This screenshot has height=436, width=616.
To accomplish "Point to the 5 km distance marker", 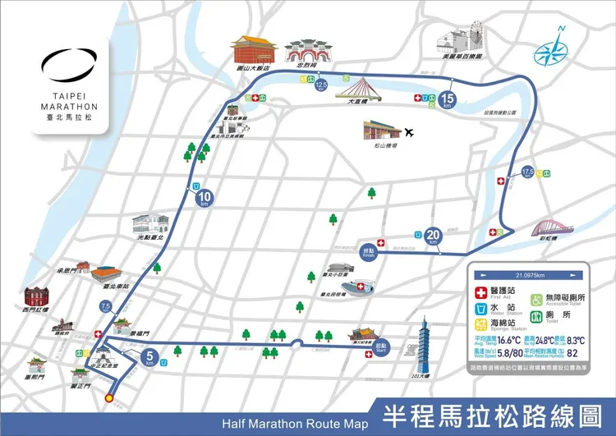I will click(149, 356).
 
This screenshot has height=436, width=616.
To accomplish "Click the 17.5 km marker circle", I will click(528, 173).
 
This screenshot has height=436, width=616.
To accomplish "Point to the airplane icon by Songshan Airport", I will click(410, 131).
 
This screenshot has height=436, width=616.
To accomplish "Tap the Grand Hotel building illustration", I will click(254, 52).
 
